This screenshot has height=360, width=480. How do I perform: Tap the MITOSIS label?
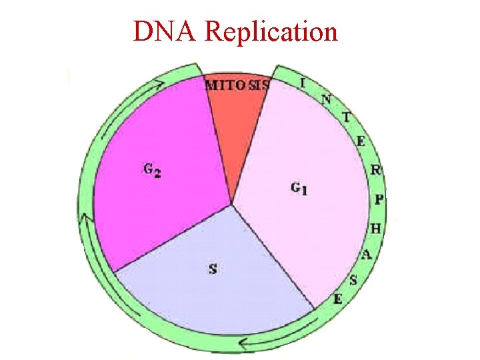[x=237, y=85]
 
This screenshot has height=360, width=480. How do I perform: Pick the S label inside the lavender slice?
[x=213, y=269]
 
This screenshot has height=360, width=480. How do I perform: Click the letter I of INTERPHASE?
[x=303, y=83]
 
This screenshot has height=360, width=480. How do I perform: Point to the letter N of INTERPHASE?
[x=326, y=100]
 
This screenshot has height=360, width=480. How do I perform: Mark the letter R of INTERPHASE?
[x=375, y=170]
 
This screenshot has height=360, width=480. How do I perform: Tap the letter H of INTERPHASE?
[x=375, y=229]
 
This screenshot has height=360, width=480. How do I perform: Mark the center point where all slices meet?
[x=231, y=204]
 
